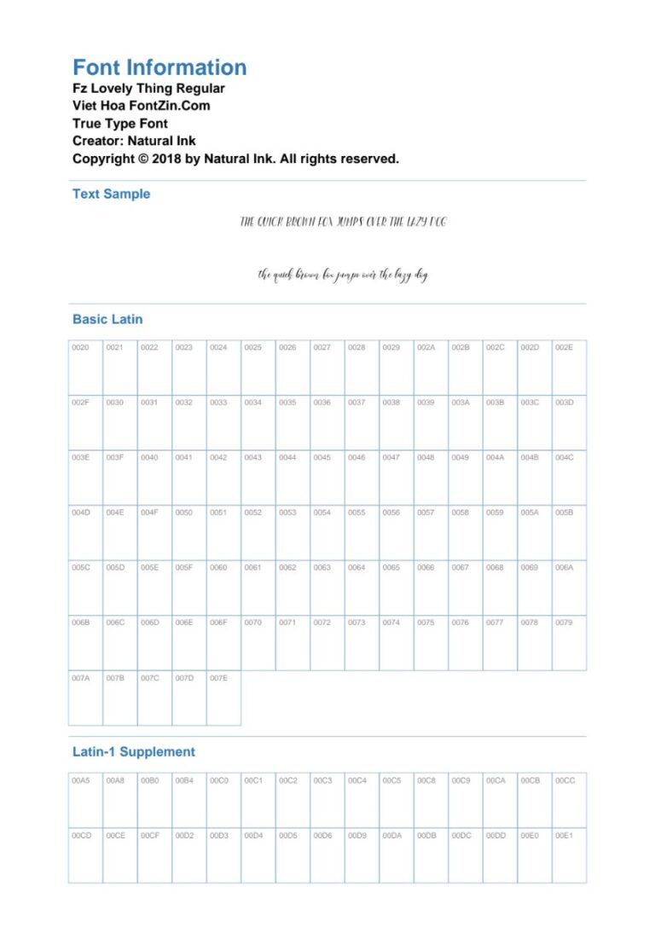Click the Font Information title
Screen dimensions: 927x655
pos(159,68)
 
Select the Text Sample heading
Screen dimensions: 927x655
pos(111,194)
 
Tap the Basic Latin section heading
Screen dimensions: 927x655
pos(107,320)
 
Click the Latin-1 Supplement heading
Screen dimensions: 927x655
pos(133,752)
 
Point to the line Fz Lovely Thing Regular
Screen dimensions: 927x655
pos(148,89)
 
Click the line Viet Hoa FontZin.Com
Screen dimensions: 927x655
pos(141,106)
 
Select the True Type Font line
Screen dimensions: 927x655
pos(119,124)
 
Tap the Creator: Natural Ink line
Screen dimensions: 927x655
pos(134,141)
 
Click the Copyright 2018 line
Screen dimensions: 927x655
pos(235,159)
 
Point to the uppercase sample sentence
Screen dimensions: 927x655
pos(343,222)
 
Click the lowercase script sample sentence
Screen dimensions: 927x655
pos(343,275)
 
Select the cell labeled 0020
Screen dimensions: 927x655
pos(85,367)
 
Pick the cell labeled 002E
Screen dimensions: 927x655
pos(569,367)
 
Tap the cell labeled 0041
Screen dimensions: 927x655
pos(189,477)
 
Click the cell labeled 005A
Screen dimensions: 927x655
pos(535,532)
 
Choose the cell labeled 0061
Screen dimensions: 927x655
pos(258,587)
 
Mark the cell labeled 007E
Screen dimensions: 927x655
pos(223,698)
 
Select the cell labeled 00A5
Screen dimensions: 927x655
pos(85,800)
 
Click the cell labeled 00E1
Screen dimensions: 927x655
pos(569,855)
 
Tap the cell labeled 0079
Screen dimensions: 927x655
pos(569,642)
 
